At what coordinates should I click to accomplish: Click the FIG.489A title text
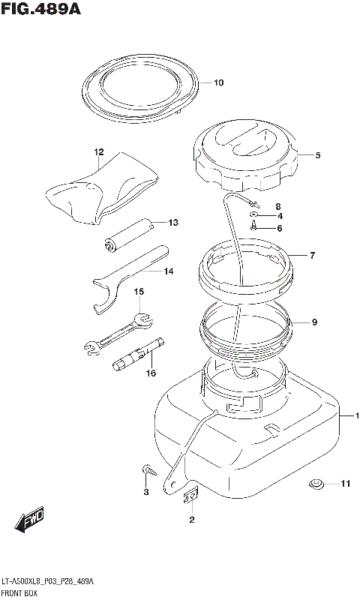pos(40,9)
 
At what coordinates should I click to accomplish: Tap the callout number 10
pos(218,82)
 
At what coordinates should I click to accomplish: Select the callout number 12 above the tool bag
pos(99,152)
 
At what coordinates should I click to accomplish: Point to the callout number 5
pos(318,155)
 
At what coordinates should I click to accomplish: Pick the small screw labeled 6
pos(253,226)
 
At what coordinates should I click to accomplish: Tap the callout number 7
pos(313,255)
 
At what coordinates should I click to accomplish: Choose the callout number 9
pos(314,322)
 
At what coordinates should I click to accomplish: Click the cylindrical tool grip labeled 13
pos(128,235)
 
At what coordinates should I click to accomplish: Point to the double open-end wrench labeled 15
pos(118,331)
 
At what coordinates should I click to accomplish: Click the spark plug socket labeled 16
pos(138,353)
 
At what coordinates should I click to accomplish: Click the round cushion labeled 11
pos(316,484)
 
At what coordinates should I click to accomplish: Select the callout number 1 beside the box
pos(357,415)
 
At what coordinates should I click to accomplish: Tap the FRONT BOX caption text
pos(19,593)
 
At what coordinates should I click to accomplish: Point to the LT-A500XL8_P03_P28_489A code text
pos(47,583)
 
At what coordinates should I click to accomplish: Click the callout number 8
pos(278,208)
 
